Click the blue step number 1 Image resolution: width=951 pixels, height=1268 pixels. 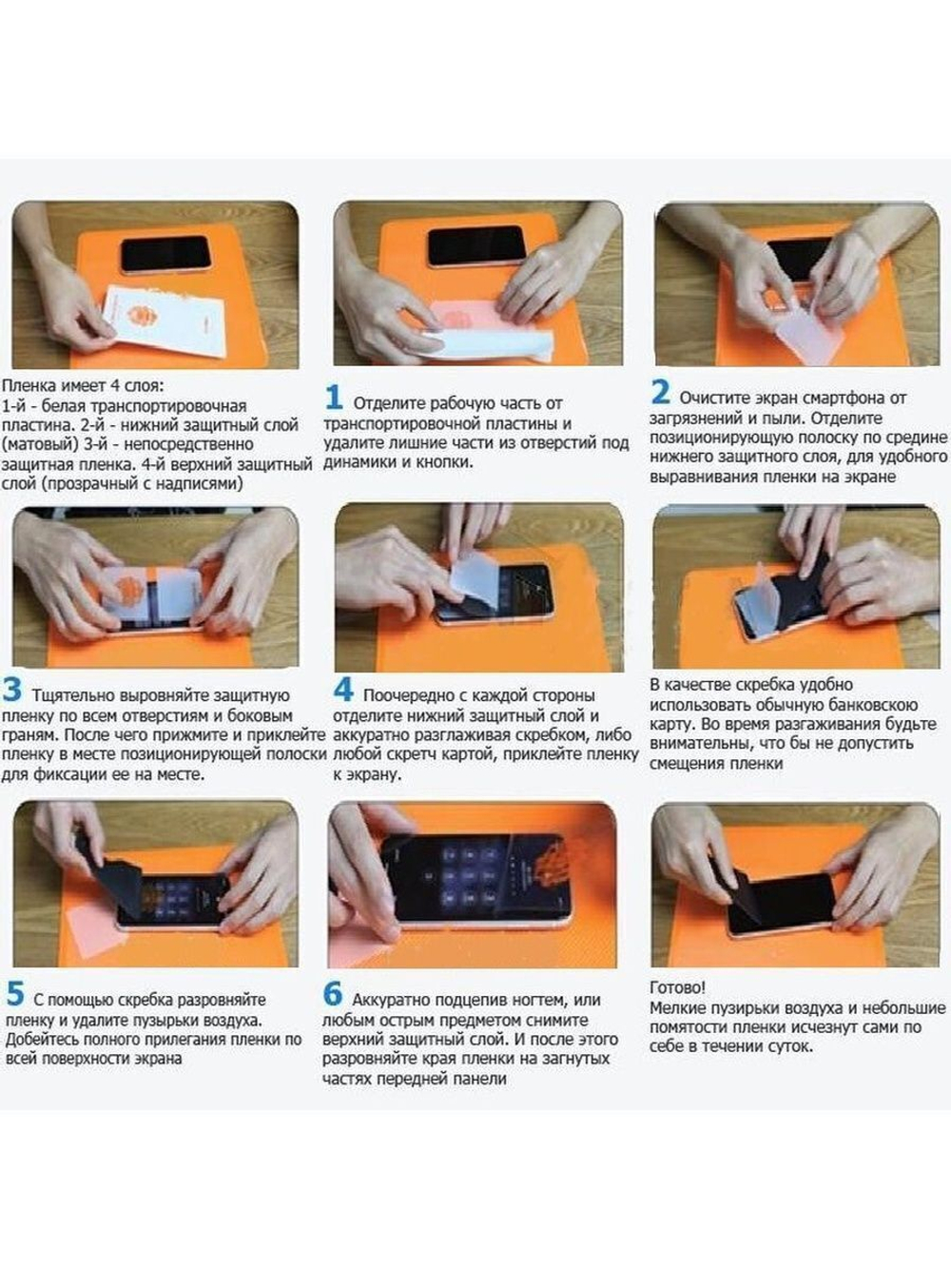[x=333, y=398]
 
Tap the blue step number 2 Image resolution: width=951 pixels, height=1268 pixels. [x=660, y=392]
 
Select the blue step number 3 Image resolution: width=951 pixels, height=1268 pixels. [x=12, y=690]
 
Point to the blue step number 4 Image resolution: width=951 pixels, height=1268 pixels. [x=343, y=690]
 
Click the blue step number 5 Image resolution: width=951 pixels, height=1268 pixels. [x=15, y=994]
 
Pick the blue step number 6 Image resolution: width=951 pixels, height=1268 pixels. [x=332, y=994]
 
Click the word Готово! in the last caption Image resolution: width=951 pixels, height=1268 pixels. [x=677, y=988]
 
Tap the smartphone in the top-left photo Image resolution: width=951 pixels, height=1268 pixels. [x=165, y=254]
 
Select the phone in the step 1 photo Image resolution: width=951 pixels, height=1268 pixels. [x=475, y=246]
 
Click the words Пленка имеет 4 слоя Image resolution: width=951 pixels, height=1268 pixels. [x=82, y=386]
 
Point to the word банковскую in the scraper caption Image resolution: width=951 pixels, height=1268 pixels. [x=874, y=705]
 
